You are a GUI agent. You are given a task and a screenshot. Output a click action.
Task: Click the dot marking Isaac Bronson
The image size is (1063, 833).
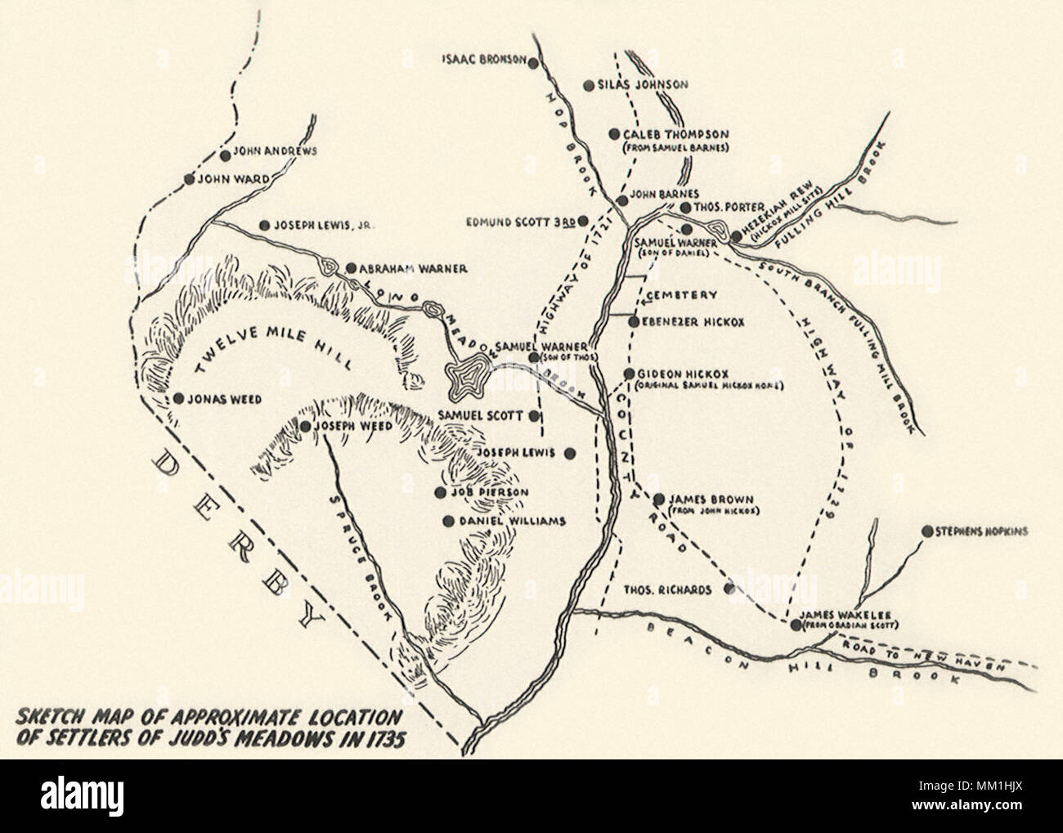[x=533, y=61]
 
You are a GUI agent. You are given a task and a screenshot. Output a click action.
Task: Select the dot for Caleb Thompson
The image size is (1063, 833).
[x=614, y=134]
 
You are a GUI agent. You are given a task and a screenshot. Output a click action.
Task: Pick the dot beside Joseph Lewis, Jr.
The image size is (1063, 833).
[x=264, y=226]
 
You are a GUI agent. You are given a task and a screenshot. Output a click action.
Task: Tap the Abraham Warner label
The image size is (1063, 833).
[x=414, y=267]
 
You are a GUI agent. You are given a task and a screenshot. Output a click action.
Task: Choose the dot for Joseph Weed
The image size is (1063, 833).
[x=304, y=426]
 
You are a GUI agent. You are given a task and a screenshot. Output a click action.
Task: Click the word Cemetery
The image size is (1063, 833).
[x=681, y=295]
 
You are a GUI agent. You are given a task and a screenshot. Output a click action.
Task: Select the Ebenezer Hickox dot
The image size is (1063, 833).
[x=634, y=322]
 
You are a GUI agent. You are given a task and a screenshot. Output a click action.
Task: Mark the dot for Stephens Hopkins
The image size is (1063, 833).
[x=926, y=531]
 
